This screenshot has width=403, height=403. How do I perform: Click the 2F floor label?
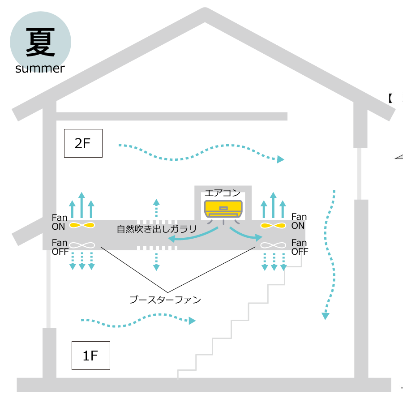(x=83, y=143)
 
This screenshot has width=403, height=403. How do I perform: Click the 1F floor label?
(x=90, y=356)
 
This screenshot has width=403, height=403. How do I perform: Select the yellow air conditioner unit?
(x=223, y=209)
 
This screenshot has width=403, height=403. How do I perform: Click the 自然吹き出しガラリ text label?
(x=157, y=229)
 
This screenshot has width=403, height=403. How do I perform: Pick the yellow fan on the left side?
(x=82, y=225)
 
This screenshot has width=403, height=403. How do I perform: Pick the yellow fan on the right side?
(x=273, y=226)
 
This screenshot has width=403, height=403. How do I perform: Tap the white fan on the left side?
(x=82, y=245)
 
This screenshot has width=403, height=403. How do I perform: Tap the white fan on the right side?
(x=273, y=245)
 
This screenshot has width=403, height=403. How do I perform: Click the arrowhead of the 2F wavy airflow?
(x=281, y=159)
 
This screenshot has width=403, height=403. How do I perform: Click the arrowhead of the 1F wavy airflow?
(x=193, y=321)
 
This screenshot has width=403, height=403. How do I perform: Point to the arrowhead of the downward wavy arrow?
(x=326, y=316)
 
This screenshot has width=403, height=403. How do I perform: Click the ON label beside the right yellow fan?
(x=298, y=226)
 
